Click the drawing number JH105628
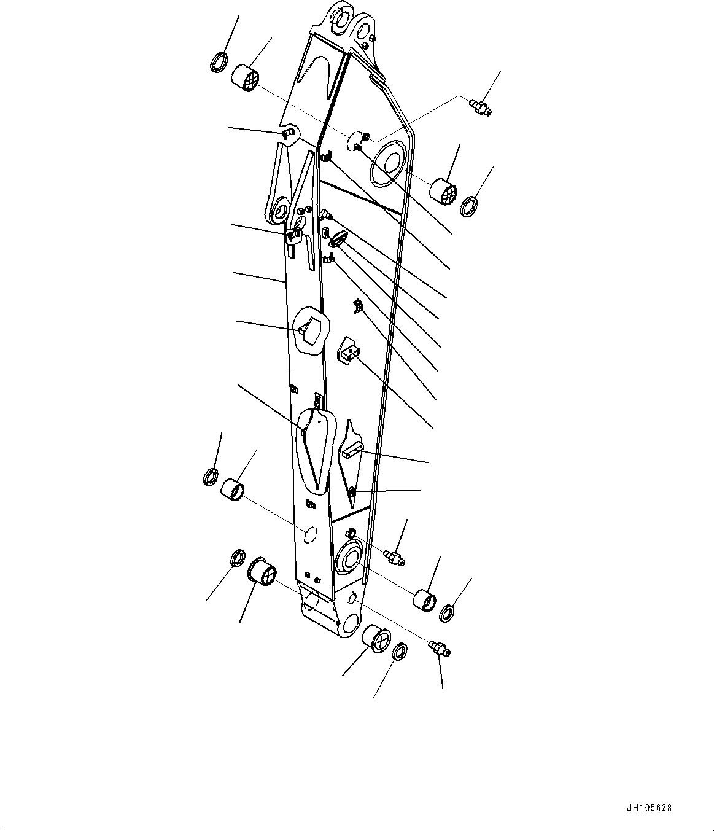(x=648, y=808)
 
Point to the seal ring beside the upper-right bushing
(x=470, y=206)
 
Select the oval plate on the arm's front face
(x=338, y=238)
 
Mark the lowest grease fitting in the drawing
(x=440, y=649)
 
